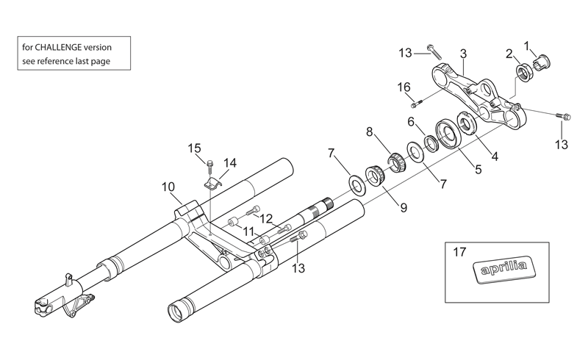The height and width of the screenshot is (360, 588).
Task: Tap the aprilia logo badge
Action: tap(503, 270)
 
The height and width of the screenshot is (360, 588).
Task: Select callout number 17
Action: tap(459, 252)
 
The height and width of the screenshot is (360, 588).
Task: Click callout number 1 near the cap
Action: tap(526, 46)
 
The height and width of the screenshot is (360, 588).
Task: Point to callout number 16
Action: tap(404, 87)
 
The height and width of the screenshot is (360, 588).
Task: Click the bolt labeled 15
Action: tap(210, 165)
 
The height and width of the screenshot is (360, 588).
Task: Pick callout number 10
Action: tap(168, 187)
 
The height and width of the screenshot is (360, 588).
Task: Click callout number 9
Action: tap(404, 207)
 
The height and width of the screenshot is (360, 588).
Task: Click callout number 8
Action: tap(370, 132)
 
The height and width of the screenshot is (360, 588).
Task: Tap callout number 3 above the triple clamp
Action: tap(463, 54)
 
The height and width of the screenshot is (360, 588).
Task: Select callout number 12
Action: tap(266, 218)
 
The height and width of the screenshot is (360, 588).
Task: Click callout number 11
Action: tap(248, 231)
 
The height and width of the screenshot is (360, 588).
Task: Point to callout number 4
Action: tap(495, 156)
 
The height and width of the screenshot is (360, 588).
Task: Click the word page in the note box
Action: tap(101, 61)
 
